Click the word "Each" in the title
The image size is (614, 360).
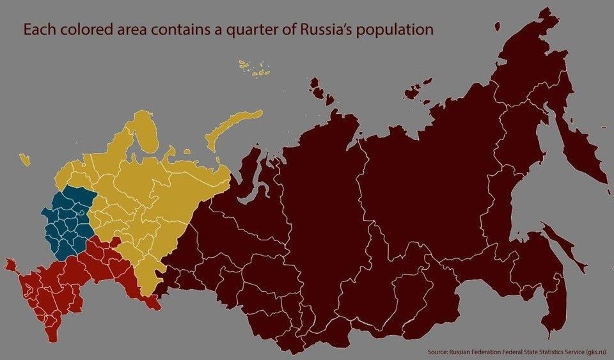(38, 30)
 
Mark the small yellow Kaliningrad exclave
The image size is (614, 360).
(25, 159)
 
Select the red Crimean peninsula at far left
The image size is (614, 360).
(10, 263)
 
